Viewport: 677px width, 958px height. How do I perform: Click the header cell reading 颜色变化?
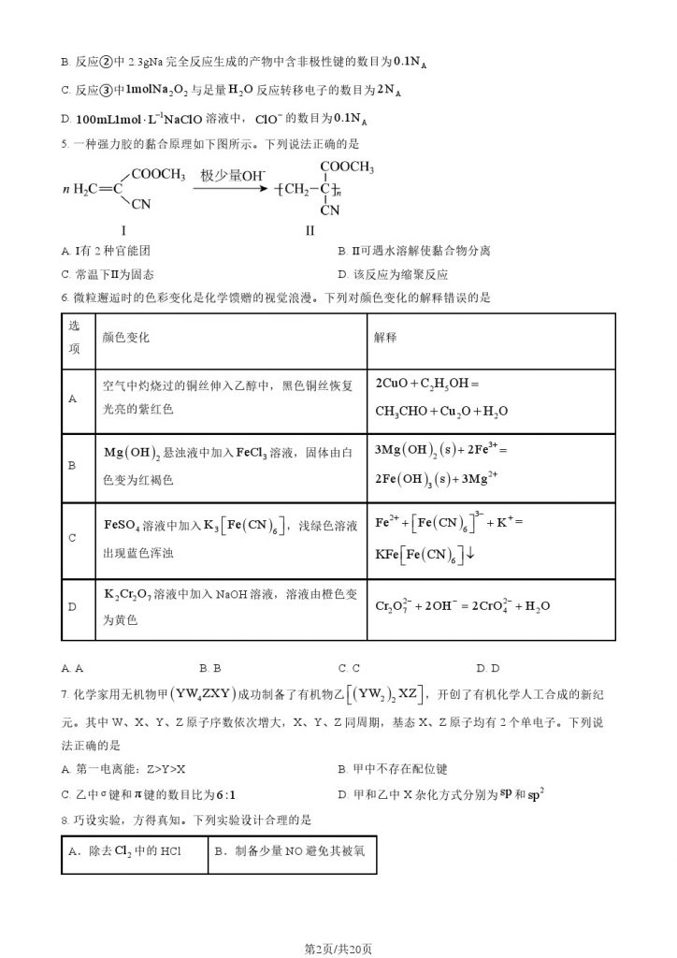pyautogui.click(x=125, y=336)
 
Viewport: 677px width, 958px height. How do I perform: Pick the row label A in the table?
pyautogui.click(x=73, y=398)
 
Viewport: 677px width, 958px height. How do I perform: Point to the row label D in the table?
pyautogui.click(x=73, y=606)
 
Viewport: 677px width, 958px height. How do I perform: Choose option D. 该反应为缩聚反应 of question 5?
pyautogui.click(x=393, y=275)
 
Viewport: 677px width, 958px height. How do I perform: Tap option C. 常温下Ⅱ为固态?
pyautogui.click(x=108, y=275)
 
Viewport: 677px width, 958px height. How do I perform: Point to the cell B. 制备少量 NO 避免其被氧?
pyautogui.click(x=290, y=851)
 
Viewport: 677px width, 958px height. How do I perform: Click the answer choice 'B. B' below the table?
pyautogui.click(x=210, y=668)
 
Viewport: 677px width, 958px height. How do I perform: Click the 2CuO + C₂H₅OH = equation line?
pyautogui.click(x=426, y=384)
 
